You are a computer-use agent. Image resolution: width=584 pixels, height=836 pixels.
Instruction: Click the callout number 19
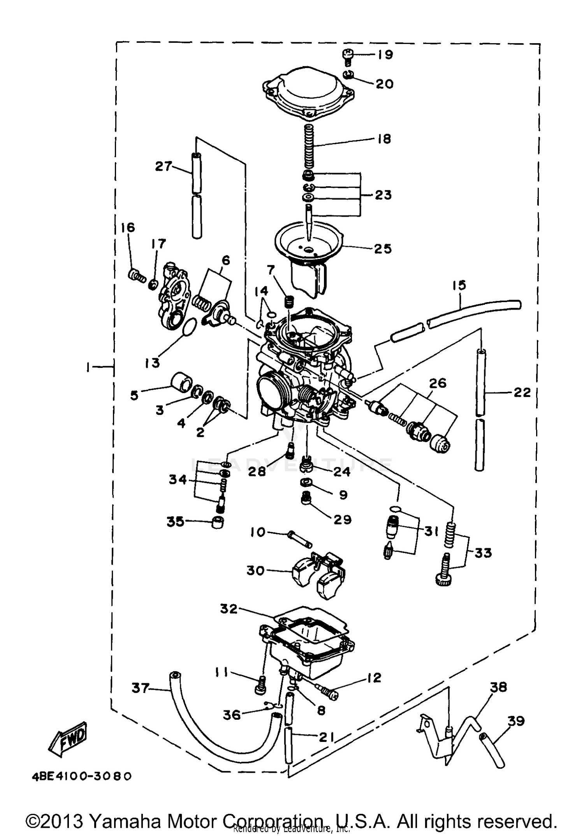pyautogui.click(x=385, y=54)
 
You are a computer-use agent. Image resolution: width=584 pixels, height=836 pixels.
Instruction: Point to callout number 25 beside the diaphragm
pyautogui.click(x=382, y=248)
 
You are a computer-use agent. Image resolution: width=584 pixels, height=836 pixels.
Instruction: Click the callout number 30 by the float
pyautogui.click(x=255, y=570)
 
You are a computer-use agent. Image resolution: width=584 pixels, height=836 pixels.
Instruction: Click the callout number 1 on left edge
pyautogui.click(x=89, y=367)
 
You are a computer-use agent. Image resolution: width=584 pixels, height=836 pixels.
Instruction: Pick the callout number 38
pyautogui.click(x=498, y=687)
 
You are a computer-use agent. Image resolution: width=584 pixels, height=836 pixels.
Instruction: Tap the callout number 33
pyautogui.click(x=483, y=553)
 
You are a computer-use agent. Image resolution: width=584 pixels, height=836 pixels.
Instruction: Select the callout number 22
pyautogui.click(x=522, y=392)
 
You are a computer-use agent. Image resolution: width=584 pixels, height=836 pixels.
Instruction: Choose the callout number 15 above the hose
pyautogui.click(x=459, y=285)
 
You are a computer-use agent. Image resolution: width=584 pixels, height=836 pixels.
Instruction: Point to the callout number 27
pyautogui.click(x=163, y=166)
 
